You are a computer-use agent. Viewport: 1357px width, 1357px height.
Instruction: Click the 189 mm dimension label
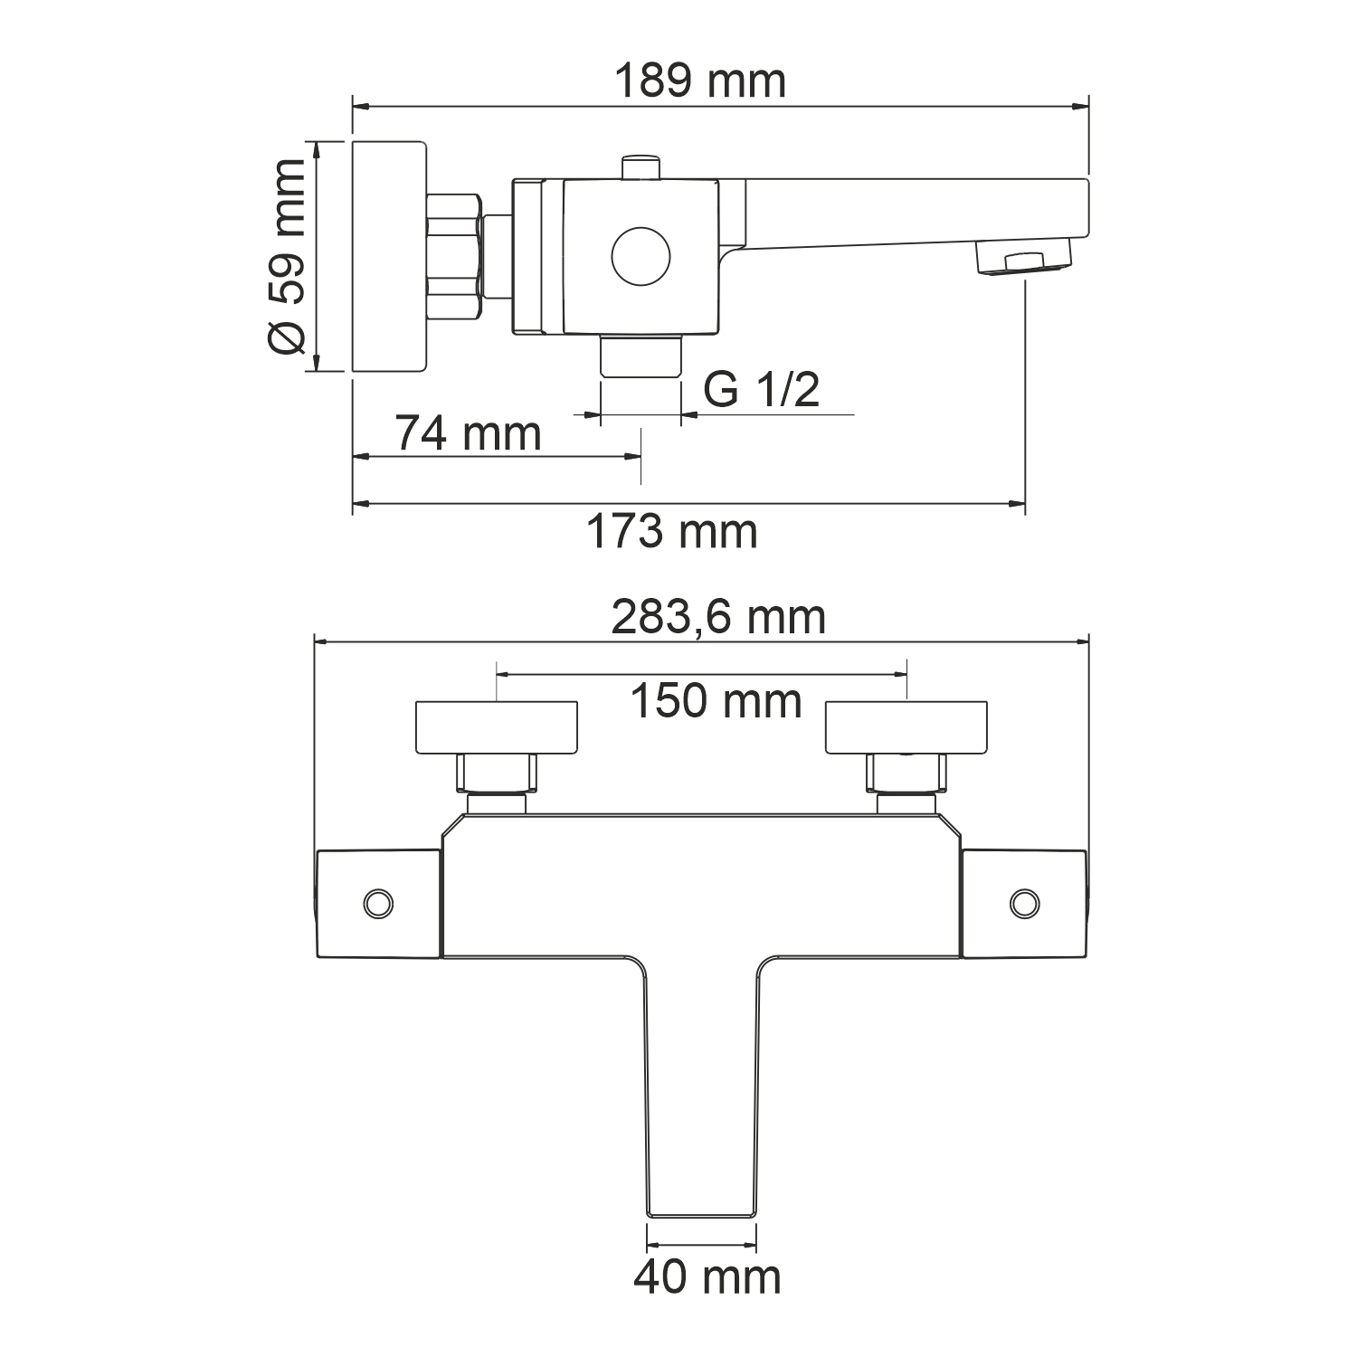tap(700, 81)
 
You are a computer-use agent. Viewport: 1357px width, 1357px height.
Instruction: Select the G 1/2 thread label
tap(761, 390)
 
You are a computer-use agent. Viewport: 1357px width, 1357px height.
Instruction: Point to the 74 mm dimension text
tap(468, 433)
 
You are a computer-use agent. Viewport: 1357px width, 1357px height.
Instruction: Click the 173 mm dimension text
tap(671, 531)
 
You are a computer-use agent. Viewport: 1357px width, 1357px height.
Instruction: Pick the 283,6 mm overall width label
tap(718, 618)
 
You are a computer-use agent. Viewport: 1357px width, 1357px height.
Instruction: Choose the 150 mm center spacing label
tap(715, 701)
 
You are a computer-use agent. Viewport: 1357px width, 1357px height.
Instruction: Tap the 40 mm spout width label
tap(707, 1277)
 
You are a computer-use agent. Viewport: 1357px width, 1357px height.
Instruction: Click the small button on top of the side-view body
tap(641, 168)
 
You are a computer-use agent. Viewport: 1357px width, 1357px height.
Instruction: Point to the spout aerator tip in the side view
tap(1024, 261)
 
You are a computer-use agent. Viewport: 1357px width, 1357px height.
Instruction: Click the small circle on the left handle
tap(377, 903)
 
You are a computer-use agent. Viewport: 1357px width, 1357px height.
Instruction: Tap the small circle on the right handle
tap(1024, 903)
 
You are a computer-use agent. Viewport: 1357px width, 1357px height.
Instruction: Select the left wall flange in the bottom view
tap(496, 726)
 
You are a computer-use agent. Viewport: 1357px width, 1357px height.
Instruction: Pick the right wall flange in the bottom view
tap(906, 726)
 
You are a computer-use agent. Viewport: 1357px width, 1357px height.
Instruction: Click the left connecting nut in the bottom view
tap(497, 773)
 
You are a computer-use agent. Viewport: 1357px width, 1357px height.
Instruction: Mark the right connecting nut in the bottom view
tap(906, 773)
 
